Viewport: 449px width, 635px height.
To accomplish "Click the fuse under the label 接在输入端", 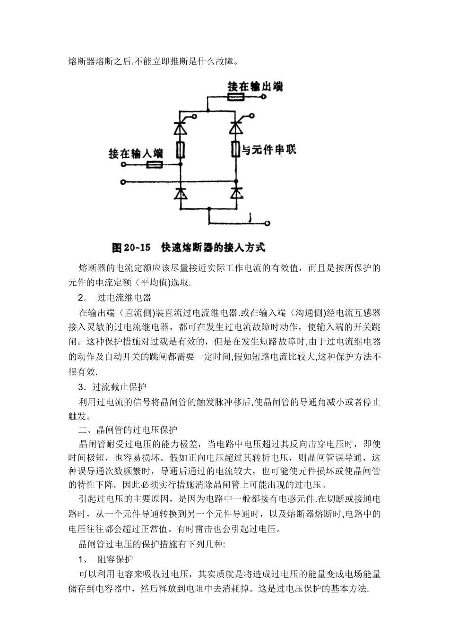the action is [154, 165].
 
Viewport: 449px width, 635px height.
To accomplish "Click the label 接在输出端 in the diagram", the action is [255, 86].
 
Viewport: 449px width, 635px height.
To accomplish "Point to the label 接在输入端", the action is [136, 154].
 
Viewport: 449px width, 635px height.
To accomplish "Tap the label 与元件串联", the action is [269, 150].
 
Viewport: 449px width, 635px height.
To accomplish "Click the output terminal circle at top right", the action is [264, 98].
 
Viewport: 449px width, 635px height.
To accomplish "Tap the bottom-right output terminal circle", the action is [268, 223].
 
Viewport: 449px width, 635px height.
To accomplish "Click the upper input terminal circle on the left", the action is [124, 165].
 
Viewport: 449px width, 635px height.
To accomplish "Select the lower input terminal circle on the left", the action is [124, 181].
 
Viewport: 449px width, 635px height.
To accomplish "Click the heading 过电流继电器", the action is [124, 298].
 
